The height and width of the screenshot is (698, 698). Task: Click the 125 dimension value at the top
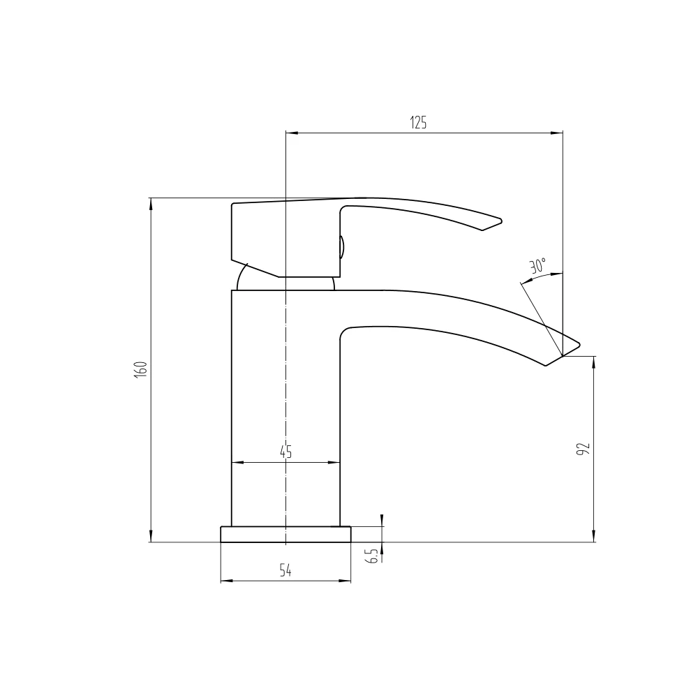418,123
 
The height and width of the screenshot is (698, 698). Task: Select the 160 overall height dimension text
140,369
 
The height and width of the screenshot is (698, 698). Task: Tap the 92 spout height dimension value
584,449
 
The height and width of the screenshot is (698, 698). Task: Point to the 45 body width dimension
285,452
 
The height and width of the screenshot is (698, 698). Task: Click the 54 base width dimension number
285,571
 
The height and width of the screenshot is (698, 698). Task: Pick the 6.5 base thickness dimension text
371,556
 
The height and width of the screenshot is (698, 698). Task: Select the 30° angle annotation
537,266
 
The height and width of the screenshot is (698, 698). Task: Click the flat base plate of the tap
285,534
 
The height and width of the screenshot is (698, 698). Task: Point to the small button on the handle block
342,247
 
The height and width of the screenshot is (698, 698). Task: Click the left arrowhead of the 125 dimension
291,132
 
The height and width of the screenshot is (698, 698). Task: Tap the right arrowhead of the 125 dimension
558,132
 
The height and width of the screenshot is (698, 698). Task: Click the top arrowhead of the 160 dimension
150,203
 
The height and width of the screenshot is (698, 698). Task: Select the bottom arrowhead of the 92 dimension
594,537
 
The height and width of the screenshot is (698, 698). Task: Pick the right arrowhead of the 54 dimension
346,580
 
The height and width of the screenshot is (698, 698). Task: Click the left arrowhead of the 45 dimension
236,462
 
